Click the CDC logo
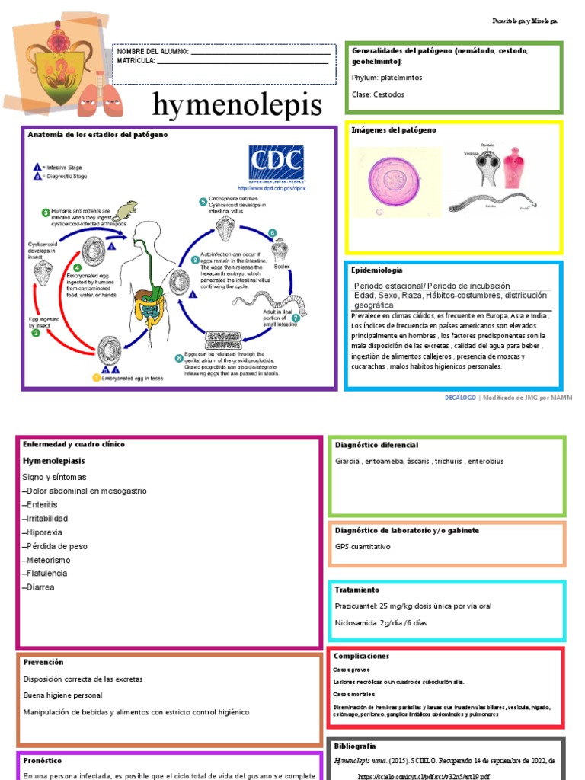coord(276,165)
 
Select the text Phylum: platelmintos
coord(387,78)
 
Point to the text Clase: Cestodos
coord(379,94)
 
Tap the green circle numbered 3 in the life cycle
coord(46,213)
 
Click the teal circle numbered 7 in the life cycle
coord(296,318)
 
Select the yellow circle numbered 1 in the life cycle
coord(97,376)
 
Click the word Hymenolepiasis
coord(54,461)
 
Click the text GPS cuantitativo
coord(363,547)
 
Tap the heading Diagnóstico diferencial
coord(376,445)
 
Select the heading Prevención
coord(43,662)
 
